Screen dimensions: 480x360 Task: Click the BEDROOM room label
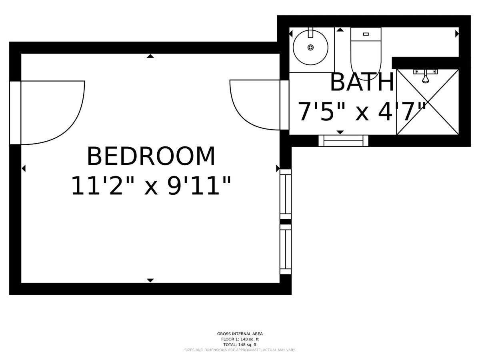point(151,156)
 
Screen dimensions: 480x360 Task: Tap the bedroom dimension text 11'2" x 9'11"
point(151,186)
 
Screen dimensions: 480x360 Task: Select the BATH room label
point(362,82)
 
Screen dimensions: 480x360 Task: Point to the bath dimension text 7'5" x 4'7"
point(362,112)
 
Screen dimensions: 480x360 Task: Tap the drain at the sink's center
point(310,47)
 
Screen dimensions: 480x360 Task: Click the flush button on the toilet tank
point(366,34)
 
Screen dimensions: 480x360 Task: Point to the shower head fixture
point(425,76)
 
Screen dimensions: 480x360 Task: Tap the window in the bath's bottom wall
point(343,141)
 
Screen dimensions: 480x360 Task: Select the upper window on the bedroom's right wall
point(286,194)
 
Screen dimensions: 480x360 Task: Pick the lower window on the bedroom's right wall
point(286,249)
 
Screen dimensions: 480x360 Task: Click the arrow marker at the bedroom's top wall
point(150,56)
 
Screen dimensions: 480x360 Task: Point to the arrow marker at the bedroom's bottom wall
point(150,280)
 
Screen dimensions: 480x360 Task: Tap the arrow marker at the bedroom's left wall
point(24,168)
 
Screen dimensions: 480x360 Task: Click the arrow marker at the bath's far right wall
point(457,34)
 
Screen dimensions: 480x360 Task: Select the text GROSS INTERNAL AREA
point(240,334)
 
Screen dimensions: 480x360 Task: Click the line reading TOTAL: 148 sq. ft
point(240,345)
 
